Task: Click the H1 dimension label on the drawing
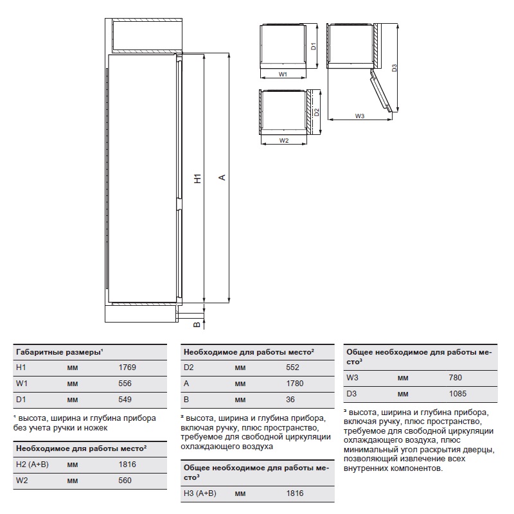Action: (198, 179)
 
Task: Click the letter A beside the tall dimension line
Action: (222, 177)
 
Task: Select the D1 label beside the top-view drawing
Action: (312, 46)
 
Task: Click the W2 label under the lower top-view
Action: (283, 140)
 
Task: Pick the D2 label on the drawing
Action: (317, 112)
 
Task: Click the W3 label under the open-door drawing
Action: (359, 116)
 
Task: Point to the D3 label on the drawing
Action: (394, 67)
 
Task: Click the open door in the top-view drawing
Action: (380, 90)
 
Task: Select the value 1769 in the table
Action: (128, 368)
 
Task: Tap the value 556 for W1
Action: (125, 384)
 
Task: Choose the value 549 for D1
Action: (125, 400)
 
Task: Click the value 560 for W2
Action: (125, 480)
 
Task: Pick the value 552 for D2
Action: (292, 368)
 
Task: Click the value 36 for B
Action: (290, 400)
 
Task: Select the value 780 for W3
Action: (455, 378)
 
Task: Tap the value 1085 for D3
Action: (457, 394)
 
